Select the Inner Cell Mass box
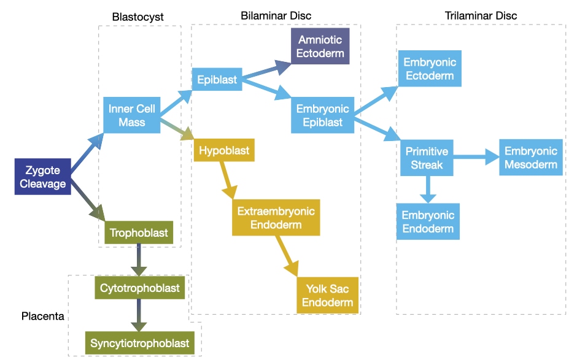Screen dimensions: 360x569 pyautogui.click(x=131, y=115)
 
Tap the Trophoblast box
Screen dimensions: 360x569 pyautogui.click(x=139, y=233)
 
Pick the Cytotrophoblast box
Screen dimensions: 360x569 pyautogui.click(x=140, y=288)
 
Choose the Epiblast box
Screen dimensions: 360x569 pyautogui.click(x=217, y=80)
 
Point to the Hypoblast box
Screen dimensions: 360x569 pyautogui.click(x=223, y=150)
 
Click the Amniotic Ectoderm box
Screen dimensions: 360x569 pyautogui.click(x=320, y=46)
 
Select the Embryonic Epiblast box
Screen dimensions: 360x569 pyautogui.click(x=322, y=115)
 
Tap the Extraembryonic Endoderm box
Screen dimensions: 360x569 pyautogui.click(x=276, y=218)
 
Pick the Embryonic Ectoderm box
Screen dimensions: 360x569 pyautogui.click(x=429, y=69)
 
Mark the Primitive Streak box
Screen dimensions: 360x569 pyautogui.click(x=427, y=158)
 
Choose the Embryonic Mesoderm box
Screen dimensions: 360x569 pyautogui.click(x=530, y=158)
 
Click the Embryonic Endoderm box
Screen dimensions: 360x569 pyautogui.click(x=427, y=221)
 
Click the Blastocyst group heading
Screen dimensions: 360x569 pyautogui.click(x=137, y=17)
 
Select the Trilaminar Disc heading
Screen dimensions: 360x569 pyautogui.click(x=481, y=15)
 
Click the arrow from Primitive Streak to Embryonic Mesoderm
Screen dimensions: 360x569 pyautogui.click(x=476, y=158)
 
